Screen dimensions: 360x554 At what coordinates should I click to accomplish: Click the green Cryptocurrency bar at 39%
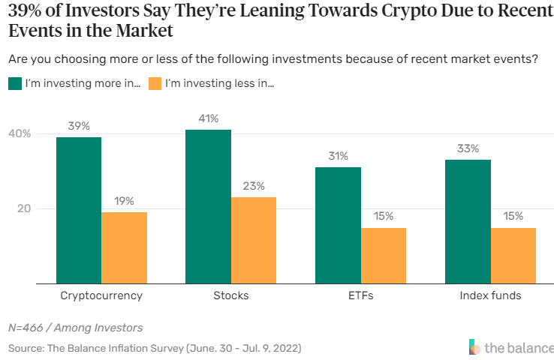tap(79, 210)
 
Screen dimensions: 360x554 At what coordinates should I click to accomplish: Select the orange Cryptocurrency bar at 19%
tap(124, 247)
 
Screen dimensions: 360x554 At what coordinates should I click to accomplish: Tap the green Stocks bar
tap(208, 206)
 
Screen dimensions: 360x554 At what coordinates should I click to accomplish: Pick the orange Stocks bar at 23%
tap(254, 240)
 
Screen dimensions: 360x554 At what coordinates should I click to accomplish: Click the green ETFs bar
tap(338, 225)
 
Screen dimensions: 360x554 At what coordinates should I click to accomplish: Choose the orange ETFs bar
tap(383, 256)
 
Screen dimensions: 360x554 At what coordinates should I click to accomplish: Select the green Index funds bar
tap(468, 221)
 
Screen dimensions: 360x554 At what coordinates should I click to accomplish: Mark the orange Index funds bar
tap(513, 256)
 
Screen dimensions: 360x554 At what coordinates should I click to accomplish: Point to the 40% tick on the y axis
tap(20, 133)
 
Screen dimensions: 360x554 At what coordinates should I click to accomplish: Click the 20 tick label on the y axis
tap(23, 208)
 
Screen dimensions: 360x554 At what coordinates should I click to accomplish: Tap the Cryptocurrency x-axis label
tap(101, 295)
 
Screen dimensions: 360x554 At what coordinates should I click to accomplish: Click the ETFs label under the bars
tap(360, 295)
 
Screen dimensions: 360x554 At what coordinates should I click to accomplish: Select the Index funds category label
tap(490, 295)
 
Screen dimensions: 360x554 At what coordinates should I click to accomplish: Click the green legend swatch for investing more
tap(14, 83)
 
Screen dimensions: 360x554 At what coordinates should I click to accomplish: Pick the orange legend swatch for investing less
tap(155, 83)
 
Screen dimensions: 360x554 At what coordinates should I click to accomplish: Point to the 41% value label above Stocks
tap(208, 118)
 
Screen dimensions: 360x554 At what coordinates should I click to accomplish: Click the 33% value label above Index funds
tap(468, 148)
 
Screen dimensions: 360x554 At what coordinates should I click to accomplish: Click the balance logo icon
tap(474, 347)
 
